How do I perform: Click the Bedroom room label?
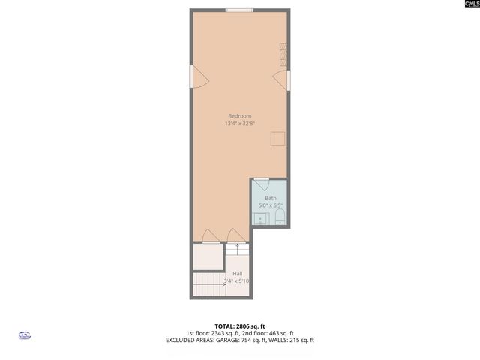coord(240,115)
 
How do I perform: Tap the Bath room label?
coord(270,198)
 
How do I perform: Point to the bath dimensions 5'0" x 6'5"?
coord(270,205)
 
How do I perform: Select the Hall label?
coord(237,273)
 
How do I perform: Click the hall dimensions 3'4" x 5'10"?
coord(237,281)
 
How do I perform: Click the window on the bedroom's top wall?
coord(240,10)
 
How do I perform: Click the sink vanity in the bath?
coord(260,219)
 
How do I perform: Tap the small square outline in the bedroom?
coord(278,139)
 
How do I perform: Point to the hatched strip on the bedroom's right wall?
coord(283,55)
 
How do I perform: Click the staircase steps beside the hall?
coord(209,284)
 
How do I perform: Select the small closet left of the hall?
coord(208,256)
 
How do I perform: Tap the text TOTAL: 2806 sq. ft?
coord(239,326)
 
